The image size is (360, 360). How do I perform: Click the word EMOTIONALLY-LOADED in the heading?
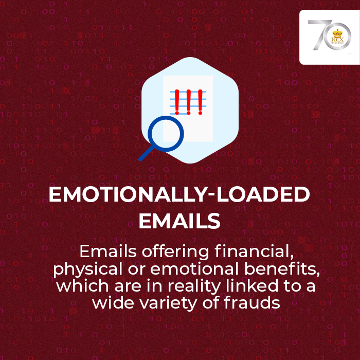click(x=179, y=194)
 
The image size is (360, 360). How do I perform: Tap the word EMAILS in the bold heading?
click(x=179, y=221)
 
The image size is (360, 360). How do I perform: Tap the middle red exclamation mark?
click(x=188, y=101)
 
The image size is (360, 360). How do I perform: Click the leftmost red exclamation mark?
click(x=176, y=101)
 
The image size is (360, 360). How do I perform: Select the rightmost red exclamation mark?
click(x=199, y=101)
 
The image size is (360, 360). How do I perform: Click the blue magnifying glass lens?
click(x=166, y=132)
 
